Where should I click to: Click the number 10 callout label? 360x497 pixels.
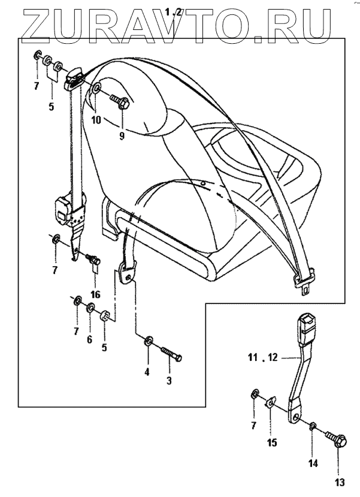point(96,120)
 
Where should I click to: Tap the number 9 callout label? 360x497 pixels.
point(122,135)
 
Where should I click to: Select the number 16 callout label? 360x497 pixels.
point(95,294)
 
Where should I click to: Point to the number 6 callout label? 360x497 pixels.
point(90,339)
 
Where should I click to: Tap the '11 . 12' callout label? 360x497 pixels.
point(262,359)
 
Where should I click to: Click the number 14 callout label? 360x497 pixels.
point(313,463)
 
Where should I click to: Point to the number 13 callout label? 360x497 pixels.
point(340,482)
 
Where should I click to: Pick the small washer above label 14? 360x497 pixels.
point(313,426)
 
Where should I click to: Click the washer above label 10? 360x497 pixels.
point(96,91)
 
